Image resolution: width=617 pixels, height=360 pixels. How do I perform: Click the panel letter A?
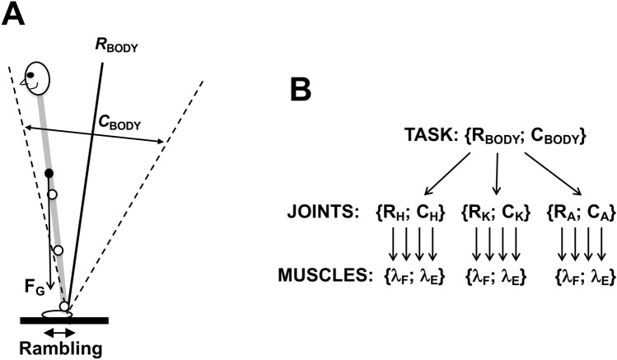[x=13, y=15]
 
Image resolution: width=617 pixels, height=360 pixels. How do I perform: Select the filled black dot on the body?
[x=49, y=173]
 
